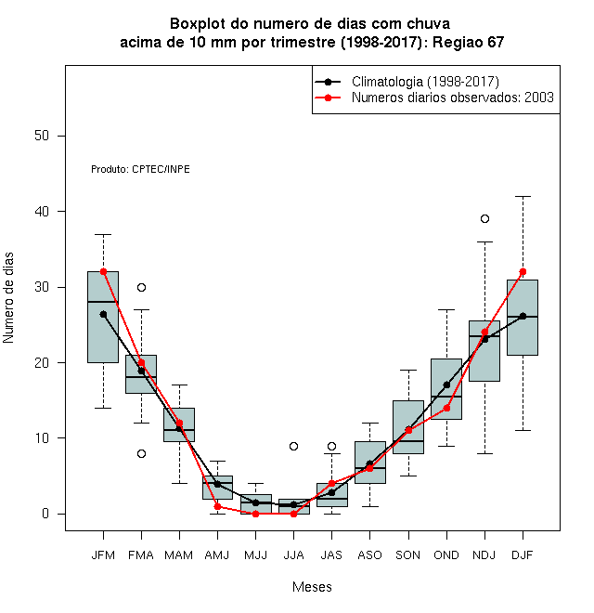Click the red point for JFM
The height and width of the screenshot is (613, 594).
click(104, 272)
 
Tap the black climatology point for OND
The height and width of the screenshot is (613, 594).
click(446, 385)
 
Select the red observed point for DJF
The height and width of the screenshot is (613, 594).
click(523, 272)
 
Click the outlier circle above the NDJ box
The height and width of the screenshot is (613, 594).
click(485, 219)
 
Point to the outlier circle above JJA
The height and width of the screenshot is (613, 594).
click(294, 446)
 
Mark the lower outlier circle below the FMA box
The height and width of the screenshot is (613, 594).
click(141, 453)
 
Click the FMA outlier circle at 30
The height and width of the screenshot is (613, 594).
click(141, 288)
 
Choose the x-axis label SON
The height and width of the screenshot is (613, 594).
click(408, 555)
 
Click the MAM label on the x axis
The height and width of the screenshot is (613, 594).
click(179, 555)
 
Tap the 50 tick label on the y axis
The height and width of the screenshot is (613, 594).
click(42, 136)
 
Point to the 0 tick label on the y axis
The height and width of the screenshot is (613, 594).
click(45, 514)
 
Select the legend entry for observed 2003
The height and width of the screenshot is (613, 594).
click(434, 98)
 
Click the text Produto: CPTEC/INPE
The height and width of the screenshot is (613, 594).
click(140, 169)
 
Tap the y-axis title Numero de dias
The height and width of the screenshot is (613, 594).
click(8, 298)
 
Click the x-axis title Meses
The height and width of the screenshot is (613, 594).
click(312, 587)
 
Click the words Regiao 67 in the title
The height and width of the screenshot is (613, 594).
click(468, 42)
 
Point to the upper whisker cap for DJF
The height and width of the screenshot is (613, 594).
click(523, 196)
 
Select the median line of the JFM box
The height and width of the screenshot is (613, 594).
click(103, 302)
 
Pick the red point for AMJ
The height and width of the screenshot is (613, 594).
click(218, 507)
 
